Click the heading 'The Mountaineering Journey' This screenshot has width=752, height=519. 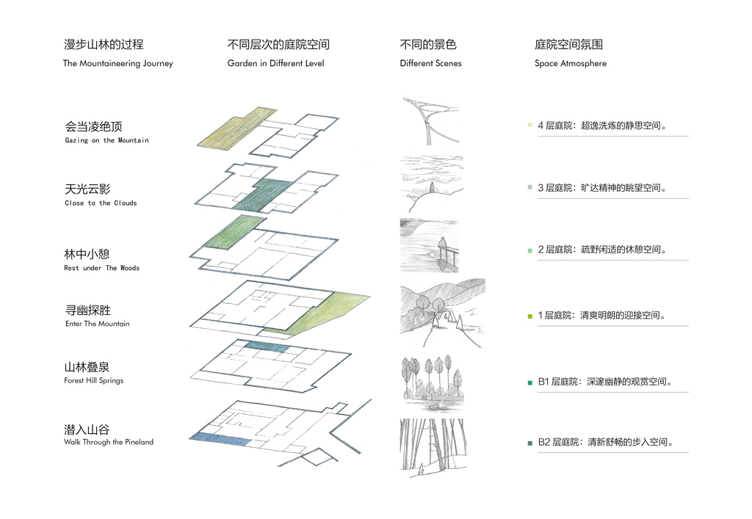tap(117, 63)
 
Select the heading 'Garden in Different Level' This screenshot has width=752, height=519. tap(275, 63)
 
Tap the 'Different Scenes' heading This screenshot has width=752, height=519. tap(430, 63)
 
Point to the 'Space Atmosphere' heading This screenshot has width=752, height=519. tap(571, 63)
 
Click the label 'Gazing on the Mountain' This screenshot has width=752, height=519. tap(106, 140)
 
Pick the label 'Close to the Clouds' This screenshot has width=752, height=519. tap(101, 203)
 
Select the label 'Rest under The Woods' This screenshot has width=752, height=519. tap(101, 268)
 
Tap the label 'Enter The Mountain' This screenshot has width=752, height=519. tap(97, 324)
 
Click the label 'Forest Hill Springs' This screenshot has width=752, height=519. tap(93, 380)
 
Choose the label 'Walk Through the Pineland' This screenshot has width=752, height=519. tap(109, 442)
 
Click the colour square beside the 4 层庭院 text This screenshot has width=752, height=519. tap(529, 126)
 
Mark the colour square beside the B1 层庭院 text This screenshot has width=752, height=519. tap(529, 382)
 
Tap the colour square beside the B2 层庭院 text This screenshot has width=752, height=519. tap(529, 443)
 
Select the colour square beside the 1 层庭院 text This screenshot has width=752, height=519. tap(529, 316)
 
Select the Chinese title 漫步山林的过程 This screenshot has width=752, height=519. tap(104, 45)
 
